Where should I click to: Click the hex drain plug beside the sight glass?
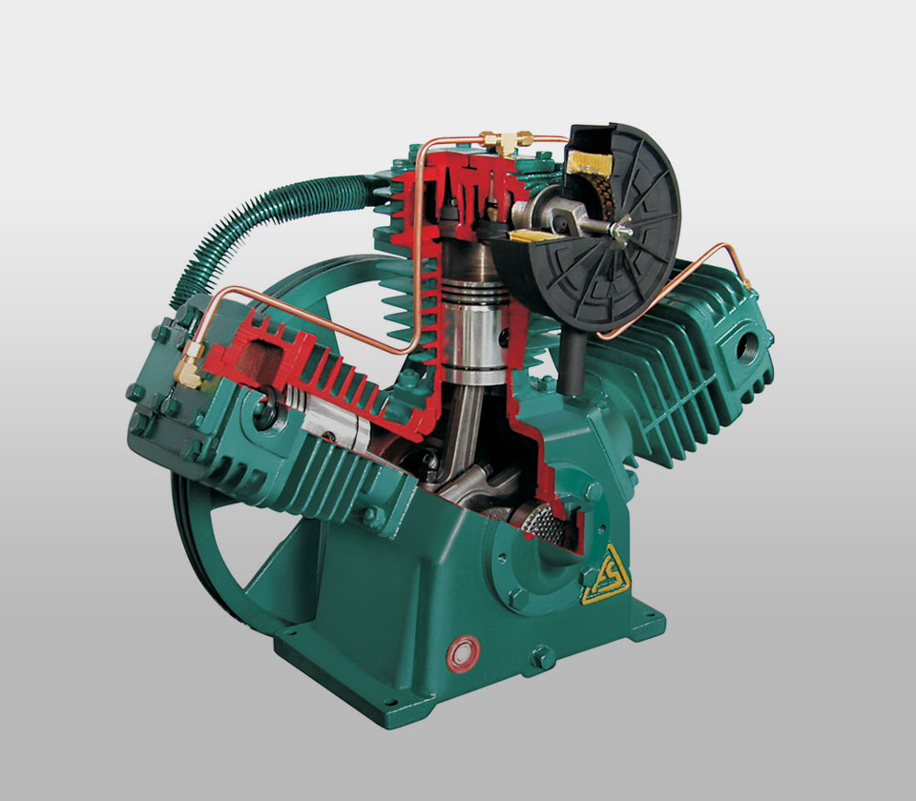pos(541,657)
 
